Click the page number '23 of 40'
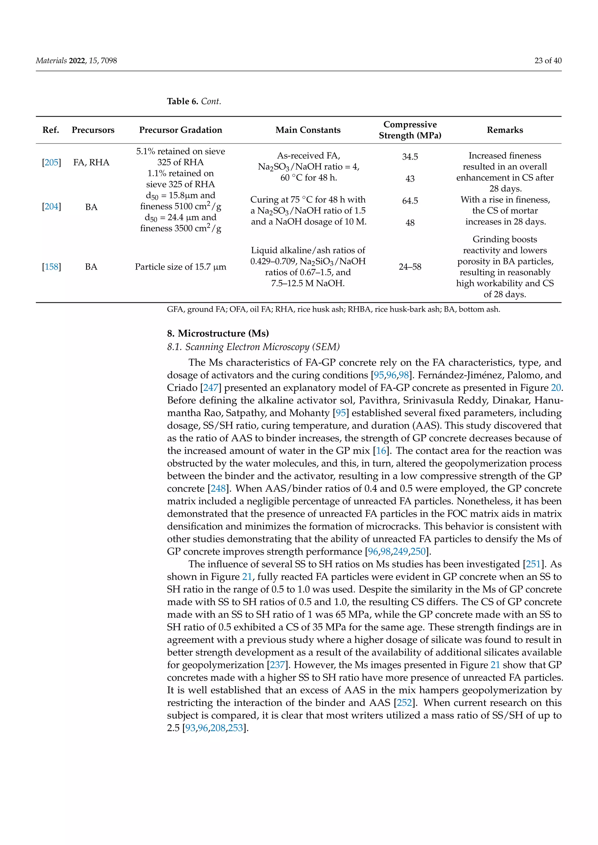pyautogui.click(x=548, y=61)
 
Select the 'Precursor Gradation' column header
pyautogui.click(x=180, y=130)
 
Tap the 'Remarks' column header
pyautogui.click(x=505, y=130)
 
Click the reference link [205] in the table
pyautogui.click(x=52, y=162)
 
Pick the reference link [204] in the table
pyautogui.click(x=52, y=207)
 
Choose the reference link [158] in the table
pyautogui.click(x=52, y=267)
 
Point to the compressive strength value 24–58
pyautogui.click(x=410, y=267)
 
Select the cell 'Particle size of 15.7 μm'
pyautogui.click(x=180, y=267)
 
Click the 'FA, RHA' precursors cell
pyautogui.click(x=91, y=162)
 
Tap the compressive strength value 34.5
pyautogui.click(x=410, y=157)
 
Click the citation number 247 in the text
pyautogui.click(x=211, y=388)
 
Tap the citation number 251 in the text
pyautogui.click(x=533, y=564)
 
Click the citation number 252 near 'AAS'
pyautogui.click(x=404, y=703)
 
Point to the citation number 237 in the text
pyautogui.click(x=277, y=665)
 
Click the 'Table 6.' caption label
pyautogui.click(x=182, y=102)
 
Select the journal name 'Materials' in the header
pyautogui.click(x=51, y=61)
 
